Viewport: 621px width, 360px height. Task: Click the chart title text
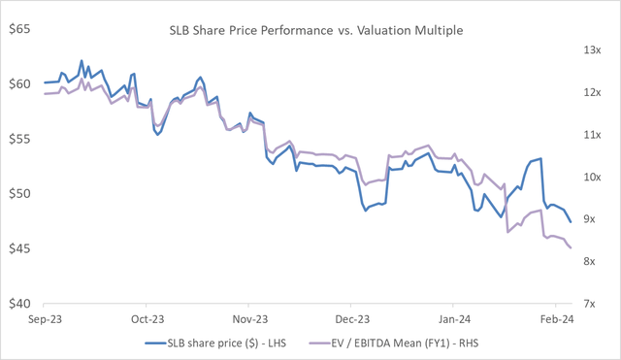pos(310,30)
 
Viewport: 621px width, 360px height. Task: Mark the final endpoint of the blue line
pos(570,222)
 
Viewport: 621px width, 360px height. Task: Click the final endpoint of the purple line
pos(571,247)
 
